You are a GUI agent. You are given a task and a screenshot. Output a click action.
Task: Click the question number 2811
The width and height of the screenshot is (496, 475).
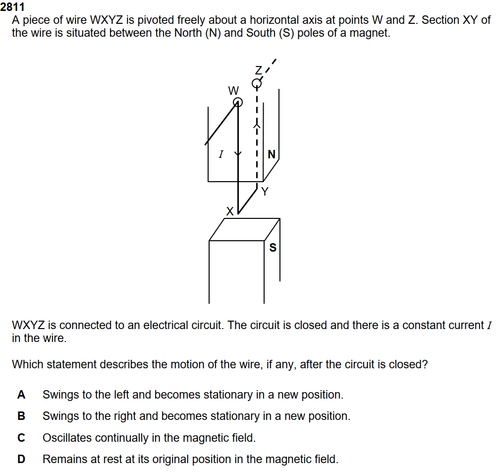tap(12, 6)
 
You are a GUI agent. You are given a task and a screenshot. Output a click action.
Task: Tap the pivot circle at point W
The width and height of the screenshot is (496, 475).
tap(238, 102)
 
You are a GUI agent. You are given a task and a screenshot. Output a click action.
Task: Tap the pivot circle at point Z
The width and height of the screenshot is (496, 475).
tap(257, 83)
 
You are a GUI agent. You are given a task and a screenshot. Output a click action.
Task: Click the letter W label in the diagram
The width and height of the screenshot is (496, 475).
tap(233, 91)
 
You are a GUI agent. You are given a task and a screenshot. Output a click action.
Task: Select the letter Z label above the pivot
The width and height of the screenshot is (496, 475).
tap(259, 70)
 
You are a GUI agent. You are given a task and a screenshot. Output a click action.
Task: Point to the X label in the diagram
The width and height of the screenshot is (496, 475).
tap(230, 211)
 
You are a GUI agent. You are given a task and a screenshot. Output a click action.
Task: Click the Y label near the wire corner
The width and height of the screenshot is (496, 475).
tap(265, 192)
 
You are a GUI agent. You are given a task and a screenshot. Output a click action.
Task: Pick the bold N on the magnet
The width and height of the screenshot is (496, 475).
tap(272, 154)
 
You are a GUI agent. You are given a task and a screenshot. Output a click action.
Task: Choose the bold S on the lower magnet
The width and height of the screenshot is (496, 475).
tap(273, 248)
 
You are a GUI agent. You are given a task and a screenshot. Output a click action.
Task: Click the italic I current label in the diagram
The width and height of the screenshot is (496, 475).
tap(221, 154)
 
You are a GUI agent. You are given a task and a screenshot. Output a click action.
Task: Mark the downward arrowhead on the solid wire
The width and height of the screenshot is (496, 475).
tap(238, 154)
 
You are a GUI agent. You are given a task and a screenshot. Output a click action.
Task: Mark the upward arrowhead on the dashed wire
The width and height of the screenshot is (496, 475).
tap(257, 126)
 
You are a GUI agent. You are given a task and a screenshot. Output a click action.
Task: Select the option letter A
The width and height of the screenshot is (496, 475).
tap(21, 395)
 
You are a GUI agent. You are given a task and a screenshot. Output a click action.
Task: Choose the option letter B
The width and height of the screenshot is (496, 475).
tap(21, 416)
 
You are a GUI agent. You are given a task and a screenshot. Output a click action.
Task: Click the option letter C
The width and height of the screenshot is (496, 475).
tap(21, 438)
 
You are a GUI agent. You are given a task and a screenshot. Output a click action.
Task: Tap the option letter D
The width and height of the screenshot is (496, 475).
tap(21, 459)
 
